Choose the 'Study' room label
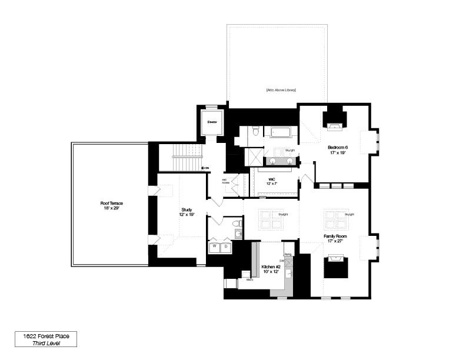point(187,212)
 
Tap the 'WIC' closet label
point(272,181)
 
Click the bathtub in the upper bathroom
point(279,132)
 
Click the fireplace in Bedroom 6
point(334,125)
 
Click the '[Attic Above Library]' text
point(281,90)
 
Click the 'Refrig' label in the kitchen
point(288,254)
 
